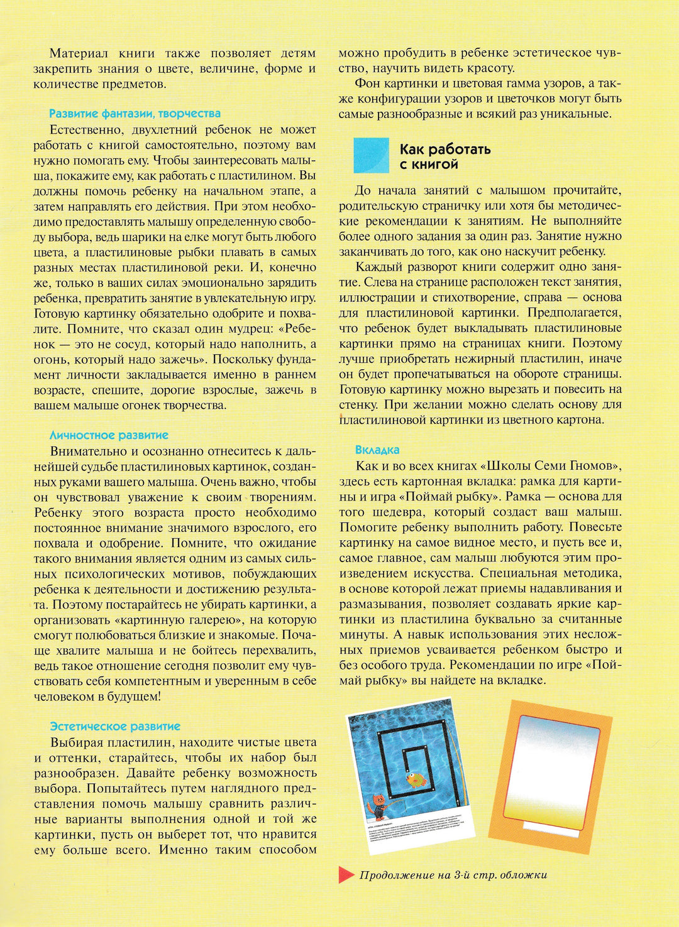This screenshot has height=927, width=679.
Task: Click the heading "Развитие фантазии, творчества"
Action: [x=135, y=114]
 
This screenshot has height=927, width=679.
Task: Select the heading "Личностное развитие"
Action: [x=109, y=435]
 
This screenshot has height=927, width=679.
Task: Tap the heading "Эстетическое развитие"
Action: [x=115, y=727]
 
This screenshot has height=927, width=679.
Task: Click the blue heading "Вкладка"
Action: [x=377, y=450]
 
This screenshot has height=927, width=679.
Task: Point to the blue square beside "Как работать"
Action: [x=371, y=155]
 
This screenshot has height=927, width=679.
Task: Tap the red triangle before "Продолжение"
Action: [x=346, y=874]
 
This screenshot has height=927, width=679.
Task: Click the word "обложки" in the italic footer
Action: [x=524, y=875]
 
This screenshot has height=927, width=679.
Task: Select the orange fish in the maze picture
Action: [x=416, y=781]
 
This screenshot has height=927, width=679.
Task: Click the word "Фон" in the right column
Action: [x=367, y=84]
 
